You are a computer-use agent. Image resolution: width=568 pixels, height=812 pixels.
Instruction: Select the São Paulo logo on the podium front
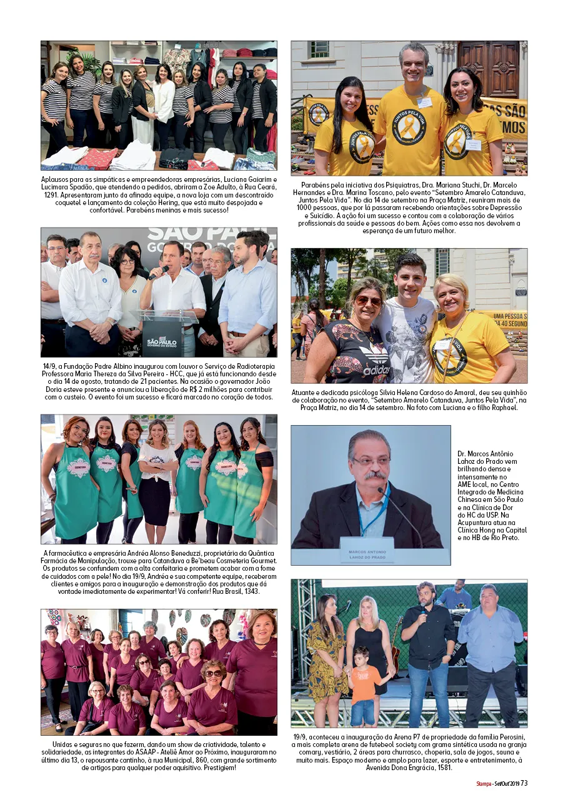click(162, 341)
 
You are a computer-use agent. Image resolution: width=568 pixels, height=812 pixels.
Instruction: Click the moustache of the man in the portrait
click(375, 476)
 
